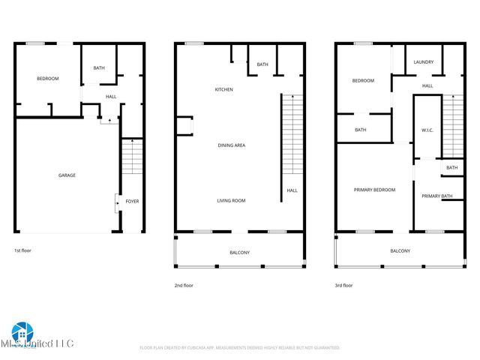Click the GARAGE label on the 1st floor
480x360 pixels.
tap(67, 175)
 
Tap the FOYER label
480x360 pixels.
tap(132, 202)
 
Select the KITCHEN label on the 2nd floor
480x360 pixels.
tap(223, 90)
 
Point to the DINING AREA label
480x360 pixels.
tap(231, 145)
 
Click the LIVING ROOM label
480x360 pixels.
tap(231, 201)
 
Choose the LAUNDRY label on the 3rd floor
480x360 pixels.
tap(424, 62)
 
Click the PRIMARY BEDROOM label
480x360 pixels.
tap(374, 190)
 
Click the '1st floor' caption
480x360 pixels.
tap(22, 250)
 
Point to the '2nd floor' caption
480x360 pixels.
tap(184, 286)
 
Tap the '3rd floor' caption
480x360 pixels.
tap(343, 286)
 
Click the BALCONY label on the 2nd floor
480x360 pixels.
tap(239, 252)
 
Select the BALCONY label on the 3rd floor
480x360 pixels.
tap(400, 251)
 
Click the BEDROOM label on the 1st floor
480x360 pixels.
tap(48, 79)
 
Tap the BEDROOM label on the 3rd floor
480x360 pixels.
tap(363, 81)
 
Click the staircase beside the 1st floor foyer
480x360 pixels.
tap(130, 159)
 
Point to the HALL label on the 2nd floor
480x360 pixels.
tap(292, 190)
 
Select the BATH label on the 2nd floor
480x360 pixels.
tap(262, 64)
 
